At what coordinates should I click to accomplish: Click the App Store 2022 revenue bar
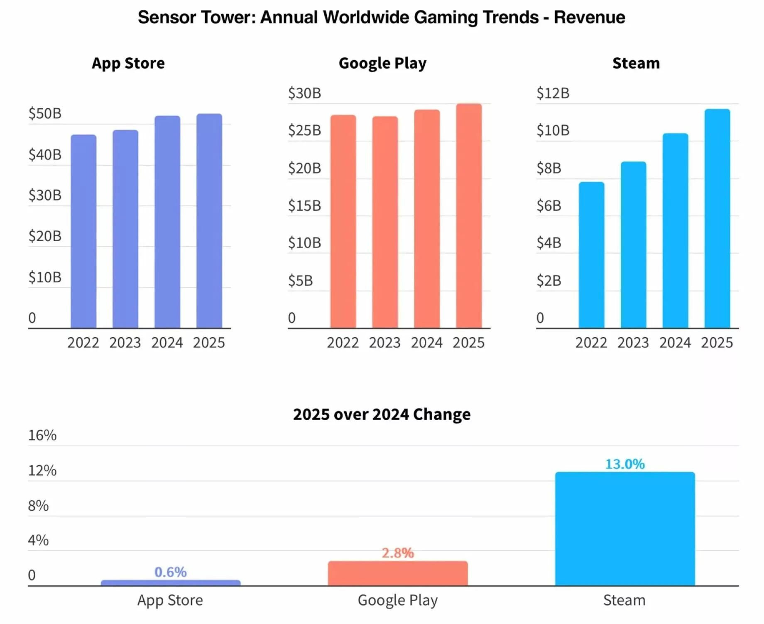(x=83, y=231)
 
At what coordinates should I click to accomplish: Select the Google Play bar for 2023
(x=385, y=222)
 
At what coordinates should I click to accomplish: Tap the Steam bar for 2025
(x=717, y=218)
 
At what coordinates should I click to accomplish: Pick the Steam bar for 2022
(x=591, y=255)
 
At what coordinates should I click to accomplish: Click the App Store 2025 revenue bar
(x=209, y=221)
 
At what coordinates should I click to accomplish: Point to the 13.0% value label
(x=625, y=464)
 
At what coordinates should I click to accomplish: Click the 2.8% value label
(x=398, y=553)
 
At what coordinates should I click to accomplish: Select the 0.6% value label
(x=170, y=572)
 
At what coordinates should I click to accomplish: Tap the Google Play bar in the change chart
(x=398, y=573)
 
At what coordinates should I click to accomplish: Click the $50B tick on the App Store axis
(x=45, y=113)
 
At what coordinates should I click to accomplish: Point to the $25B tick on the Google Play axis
(x=305, y=130)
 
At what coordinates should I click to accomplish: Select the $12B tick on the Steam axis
(x=553, y=93)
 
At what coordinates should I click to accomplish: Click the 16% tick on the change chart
(x=42, y=435)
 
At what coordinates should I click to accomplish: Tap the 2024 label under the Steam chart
(x=675, y=343)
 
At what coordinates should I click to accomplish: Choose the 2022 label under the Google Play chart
(x=343, y=343)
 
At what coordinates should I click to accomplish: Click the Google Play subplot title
(x=382, y=63)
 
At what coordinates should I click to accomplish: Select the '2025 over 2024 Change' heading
(x=382, y=414)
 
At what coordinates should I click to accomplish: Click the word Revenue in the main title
(x=589, y=17)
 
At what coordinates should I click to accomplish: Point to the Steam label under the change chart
(x=624, y=600)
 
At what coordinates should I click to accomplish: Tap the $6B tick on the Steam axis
(x=549, y=206)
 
